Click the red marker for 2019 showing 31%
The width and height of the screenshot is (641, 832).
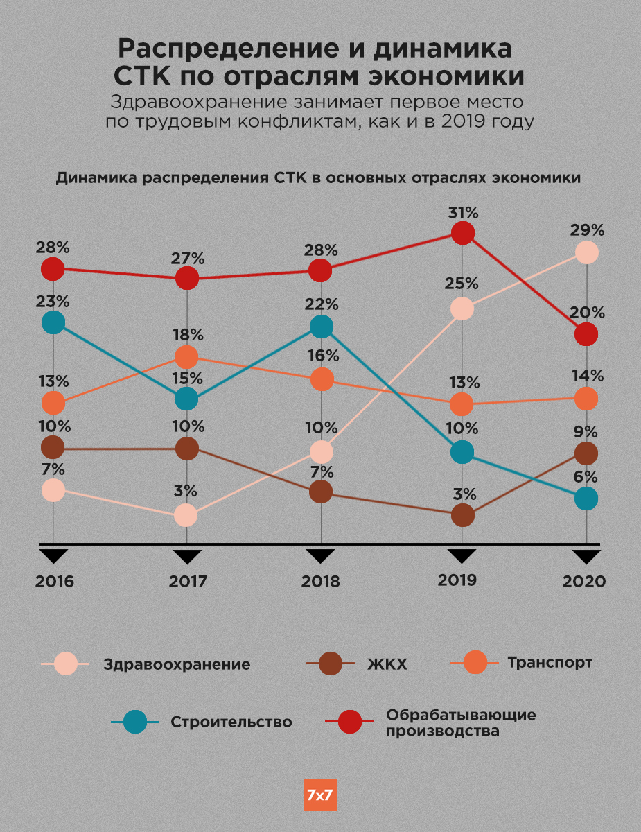point(462,233)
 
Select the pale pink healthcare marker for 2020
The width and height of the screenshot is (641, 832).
point(586,252)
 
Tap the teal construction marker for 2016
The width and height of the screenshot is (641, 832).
point(53,322)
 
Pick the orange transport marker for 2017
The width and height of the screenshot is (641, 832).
point(186,357)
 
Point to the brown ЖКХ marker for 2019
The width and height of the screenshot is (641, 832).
point(462,515)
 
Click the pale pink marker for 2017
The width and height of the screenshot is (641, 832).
point(186,515)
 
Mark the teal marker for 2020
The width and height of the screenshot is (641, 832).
point(586,498)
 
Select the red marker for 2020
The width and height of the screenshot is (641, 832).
point(586,334)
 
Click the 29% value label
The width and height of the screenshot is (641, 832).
point(588,230)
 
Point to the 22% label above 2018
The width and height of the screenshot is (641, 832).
point(322,304)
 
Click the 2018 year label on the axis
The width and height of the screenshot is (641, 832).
point(320,581)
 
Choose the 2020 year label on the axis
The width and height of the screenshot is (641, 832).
point(583,581)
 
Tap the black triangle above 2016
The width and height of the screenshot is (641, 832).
point(53,556)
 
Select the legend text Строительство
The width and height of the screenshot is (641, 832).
point(231,722)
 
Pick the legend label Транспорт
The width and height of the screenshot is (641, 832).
point(550,662)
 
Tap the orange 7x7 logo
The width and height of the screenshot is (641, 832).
point(320,795)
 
